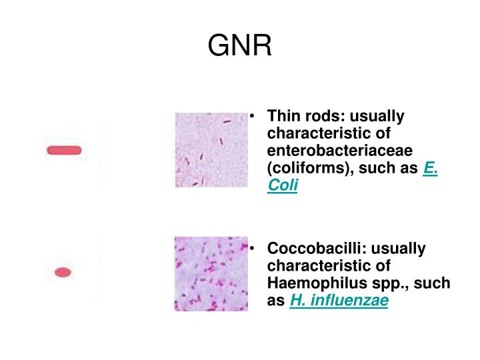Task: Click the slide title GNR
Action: tap(239, 45)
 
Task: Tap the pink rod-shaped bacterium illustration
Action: tap(64, 150)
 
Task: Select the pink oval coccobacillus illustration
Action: tap(63, 271)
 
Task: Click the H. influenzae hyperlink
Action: tap(339, 301)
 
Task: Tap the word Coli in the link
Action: tap(282, 187)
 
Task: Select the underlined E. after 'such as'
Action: tap(430, 169)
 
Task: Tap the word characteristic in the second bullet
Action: tap(319, 266)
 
